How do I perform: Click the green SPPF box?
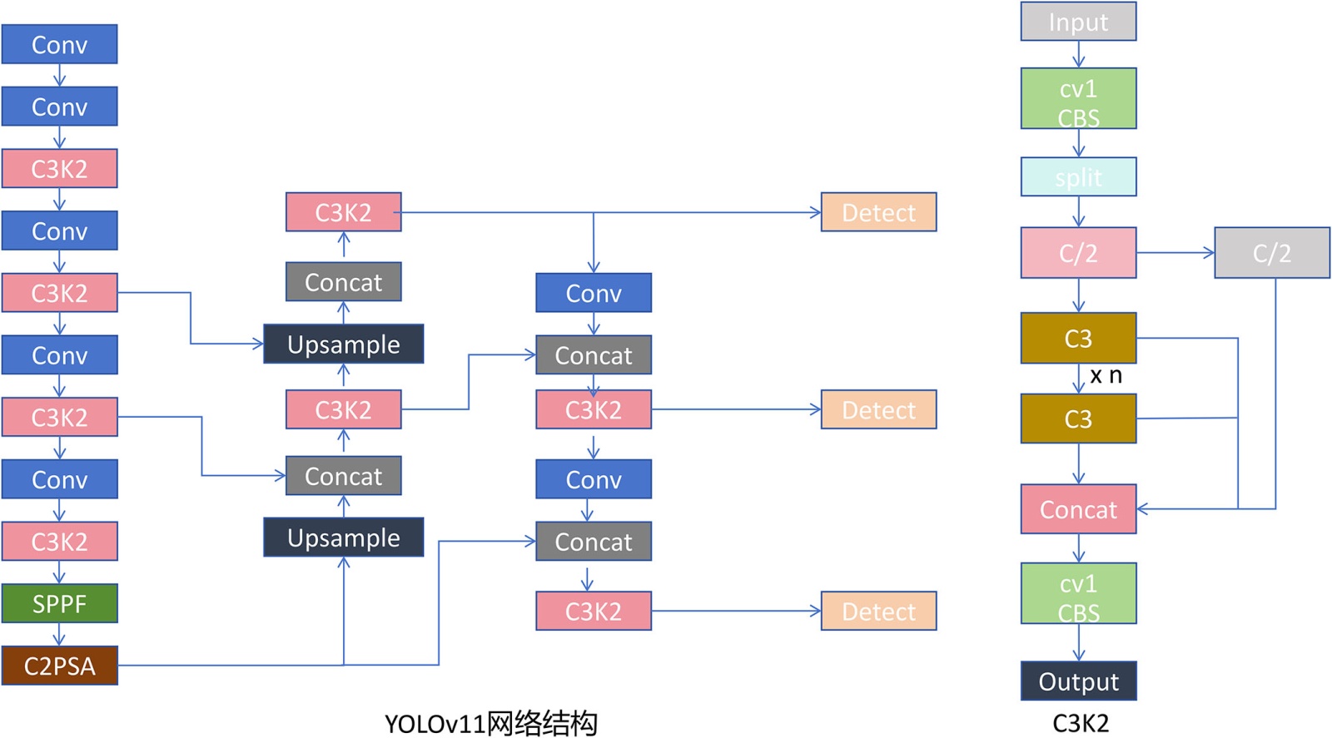coord(59,603)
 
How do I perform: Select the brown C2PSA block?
coord(59,666)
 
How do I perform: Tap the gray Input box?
coord(1078,22)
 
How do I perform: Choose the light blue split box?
coord(1078,177)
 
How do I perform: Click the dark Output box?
coord(1078,681)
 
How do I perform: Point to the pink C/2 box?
coord(1078,253)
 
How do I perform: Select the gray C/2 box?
coord(1271,253)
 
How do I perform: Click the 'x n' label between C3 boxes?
coord(1106,376)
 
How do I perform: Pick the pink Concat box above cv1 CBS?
coord(1078,509)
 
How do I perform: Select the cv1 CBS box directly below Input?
coord(1078,99)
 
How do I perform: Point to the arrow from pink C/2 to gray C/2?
coord(1175,253)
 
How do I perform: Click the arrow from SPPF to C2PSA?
coord(59,634)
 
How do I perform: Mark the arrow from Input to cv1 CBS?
coord(1078,54)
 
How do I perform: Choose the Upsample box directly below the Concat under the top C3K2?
coord(343,344)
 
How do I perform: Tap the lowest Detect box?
coord(878,612)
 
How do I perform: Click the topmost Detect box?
coord(878,212)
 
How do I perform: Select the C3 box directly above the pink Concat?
coord(1078,419)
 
